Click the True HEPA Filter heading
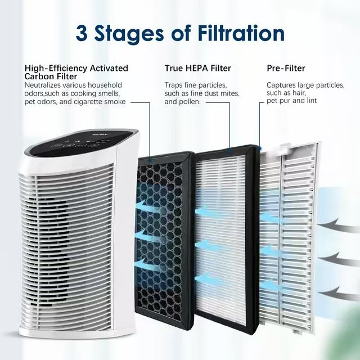197,68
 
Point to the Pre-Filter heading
286,68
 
